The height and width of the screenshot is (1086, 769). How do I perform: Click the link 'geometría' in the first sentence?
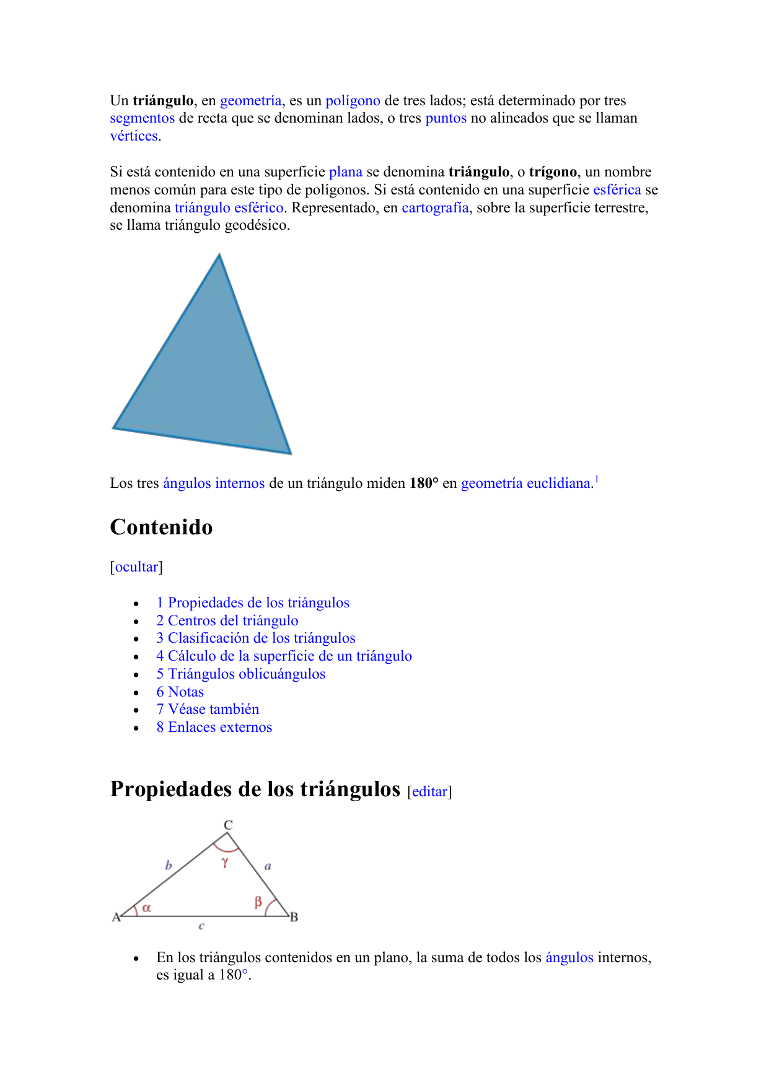click(250, 101)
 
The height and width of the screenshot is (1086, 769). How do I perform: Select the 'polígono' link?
click(353, 101)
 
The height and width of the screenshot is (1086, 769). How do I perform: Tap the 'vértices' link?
click(134, 136)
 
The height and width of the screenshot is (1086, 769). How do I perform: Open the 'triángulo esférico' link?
click(229, 208)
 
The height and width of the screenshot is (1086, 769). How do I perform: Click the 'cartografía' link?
click(435, 208)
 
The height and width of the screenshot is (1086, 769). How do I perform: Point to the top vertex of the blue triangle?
click(219, 255)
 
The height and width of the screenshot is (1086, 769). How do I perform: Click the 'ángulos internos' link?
click(214, 484)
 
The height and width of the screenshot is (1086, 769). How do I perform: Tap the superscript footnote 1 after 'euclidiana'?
click(596, 479)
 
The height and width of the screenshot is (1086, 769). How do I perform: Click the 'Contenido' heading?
click(161, 528)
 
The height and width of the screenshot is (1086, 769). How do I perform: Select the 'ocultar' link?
click(136, 567)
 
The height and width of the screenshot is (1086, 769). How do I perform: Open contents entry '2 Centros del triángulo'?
click(227, 621)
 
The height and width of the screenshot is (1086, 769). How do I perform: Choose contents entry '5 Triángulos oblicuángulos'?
click(241, 674)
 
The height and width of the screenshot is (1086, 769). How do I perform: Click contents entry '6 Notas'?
click(180, 692)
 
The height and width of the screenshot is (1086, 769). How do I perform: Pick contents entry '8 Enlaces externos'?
click(214, 728)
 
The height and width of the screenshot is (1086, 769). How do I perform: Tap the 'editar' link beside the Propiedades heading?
click(429, 792)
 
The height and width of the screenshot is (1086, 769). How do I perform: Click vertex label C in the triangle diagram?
click(228, 825)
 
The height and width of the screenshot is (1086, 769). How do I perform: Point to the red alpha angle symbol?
click(147, 908)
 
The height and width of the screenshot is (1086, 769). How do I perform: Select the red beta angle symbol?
click(258, 902)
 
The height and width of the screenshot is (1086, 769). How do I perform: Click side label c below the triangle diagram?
click(201, 926)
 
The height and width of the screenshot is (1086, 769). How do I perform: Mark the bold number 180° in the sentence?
click(424, 484)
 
